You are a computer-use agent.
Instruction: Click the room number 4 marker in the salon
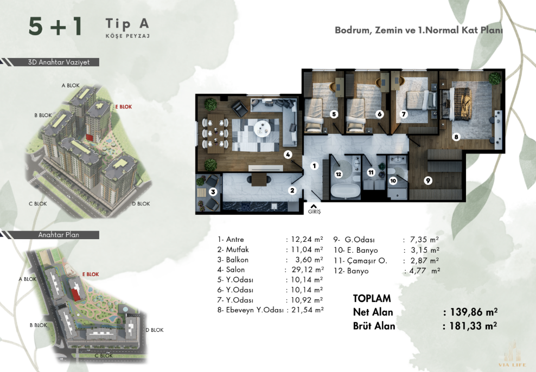[288, 155]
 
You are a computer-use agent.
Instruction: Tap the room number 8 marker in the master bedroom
[456, 137]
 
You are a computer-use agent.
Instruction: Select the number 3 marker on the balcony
[213, 191]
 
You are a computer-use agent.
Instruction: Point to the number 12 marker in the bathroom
[339, 174]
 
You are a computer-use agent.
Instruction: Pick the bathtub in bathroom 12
[346, 191]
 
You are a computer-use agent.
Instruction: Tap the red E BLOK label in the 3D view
[123, 107]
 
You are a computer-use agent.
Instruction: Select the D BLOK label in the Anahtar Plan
[155, 330]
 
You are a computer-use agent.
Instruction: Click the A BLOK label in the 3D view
[71, 85]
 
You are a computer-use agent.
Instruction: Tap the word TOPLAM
[372, 298]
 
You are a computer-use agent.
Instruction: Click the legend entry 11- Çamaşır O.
[360, 261]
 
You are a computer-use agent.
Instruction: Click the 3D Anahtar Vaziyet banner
[59, 62]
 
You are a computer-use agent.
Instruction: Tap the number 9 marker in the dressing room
[428, 181]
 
